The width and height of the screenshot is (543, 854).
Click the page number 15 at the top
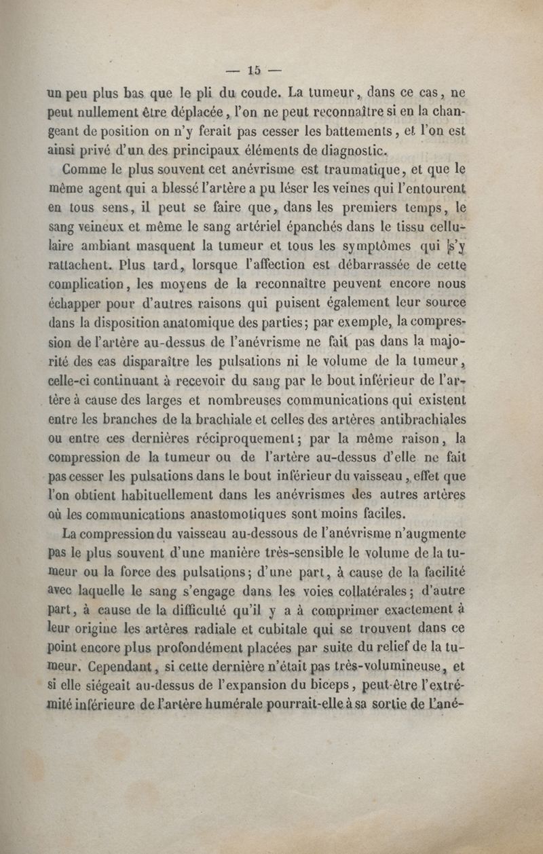[255, 70]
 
